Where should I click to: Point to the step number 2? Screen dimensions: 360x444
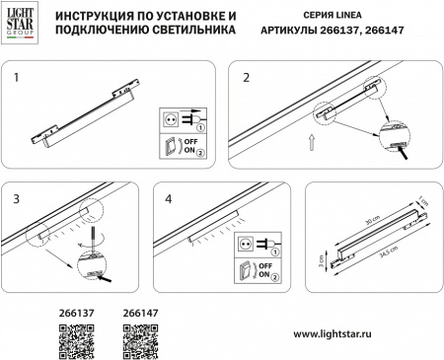coord(248,76)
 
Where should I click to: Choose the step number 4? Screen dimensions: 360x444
coord(170,197)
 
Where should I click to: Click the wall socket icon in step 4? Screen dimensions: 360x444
coord(243,241)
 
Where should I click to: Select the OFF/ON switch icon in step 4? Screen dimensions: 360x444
coord(243,268)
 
